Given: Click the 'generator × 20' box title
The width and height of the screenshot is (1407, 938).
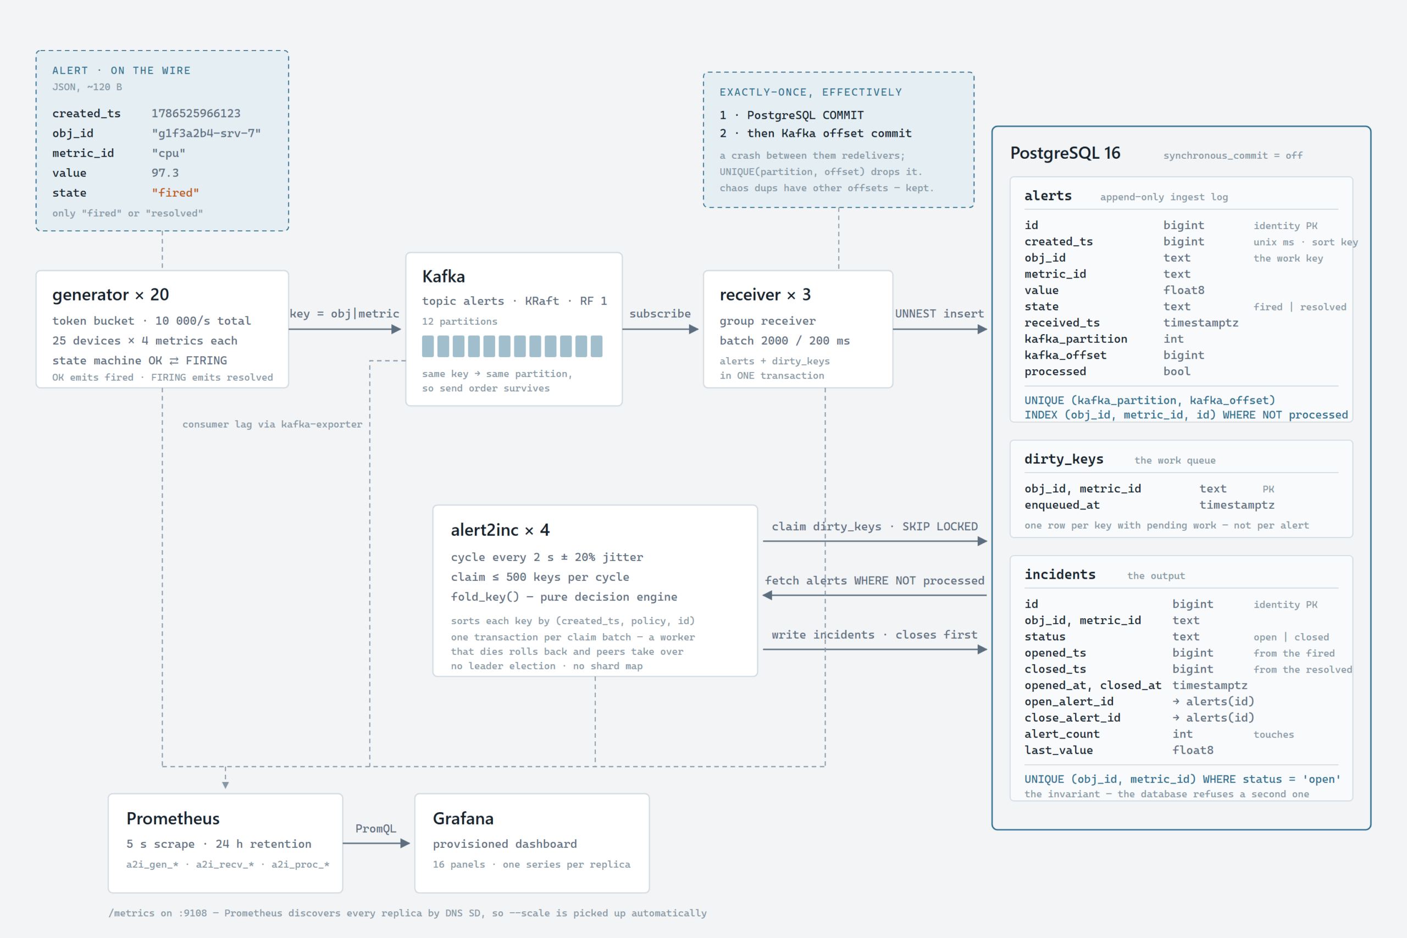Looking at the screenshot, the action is (x=110, y=295).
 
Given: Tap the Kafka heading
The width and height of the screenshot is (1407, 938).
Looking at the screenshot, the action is (x=444, y=276).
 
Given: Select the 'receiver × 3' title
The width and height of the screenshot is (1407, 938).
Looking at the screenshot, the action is (x=765, y=295).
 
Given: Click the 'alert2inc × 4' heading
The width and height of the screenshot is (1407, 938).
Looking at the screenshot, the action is (x=500, y=530).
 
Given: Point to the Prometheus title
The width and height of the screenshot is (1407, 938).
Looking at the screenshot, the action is (x=173, y=818).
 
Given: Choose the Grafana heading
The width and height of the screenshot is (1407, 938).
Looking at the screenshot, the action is (x=463, y=818).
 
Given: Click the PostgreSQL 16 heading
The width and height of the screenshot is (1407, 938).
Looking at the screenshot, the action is (x=1065, y=153).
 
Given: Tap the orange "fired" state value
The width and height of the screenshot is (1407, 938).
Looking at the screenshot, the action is (x=175, y=193).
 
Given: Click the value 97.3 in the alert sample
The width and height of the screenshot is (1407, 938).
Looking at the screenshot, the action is (x=165, y=173).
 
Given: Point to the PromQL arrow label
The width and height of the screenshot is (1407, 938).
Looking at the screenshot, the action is (x=376, y=829).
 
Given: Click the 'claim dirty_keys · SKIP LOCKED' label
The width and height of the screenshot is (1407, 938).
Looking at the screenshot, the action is (x=874, y=526).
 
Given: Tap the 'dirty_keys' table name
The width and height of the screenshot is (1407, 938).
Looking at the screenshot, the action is (x=1063, y=459).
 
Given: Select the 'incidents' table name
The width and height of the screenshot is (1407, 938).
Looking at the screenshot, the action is (x=1060, y=574).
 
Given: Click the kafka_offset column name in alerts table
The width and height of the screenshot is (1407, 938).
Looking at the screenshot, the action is (x=1066, y=356).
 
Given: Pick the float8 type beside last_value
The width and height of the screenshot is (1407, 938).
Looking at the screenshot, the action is (x=1193, y=750).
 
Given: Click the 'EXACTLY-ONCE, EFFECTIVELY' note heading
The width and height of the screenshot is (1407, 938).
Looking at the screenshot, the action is (x=811, y=92).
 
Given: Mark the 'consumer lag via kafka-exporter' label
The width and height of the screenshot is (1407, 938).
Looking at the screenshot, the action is (x=272, y=424).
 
